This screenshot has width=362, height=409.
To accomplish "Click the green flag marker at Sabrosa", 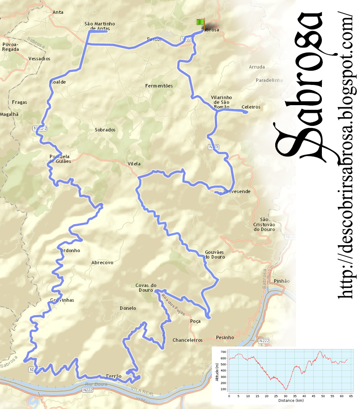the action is click(200, 22).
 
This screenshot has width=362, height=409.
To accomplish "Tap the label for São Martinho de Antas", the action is click(97, 26).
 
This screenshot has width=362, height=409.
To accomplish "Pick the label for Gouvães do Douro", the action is click(215, 254).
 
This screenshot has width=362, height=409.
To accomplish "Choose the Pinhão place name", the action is click(282, 281).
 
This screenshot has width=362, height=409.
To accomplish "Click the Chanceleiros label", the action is click(187, 340).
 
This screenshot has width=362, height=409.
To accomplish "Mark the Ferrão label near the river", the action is click(113, 376).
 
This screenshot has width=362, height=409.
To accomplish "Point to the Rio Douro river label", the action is click(96, 384).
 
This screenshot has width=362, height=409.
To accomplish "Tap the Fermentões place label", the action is click(159, 86).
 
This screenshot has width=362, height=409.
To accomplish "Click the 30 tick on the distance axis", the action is click(286, 395).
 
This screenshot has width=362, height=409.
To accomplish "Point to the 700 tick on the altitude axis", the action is click(223, 352).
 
